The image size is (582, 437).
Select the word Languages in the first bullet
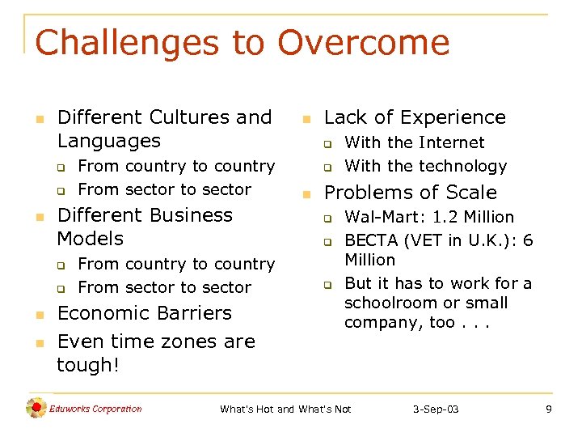[109, 141]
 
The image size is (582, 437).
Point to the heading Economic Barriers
[145, 313]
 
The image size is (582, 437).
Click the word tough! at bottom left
[88, 365]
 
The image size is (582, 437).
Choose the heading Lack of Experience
[415, 117]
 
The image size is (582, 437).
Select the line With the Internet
[415, 143]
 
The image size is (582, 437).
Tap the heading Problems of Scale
[411, 193]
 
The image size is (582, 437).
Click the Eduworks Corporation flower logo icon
[36, 409]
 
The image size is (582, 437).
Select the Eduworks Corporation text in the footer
[95, 409]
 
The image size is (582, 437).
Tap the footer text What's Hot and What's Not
[285, 409]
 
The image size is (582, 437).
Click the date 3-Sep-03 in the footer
[436, 409]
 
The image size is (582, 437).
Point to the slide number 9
[549, 409]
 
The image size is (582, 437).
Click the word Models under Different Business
[91, 239]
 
